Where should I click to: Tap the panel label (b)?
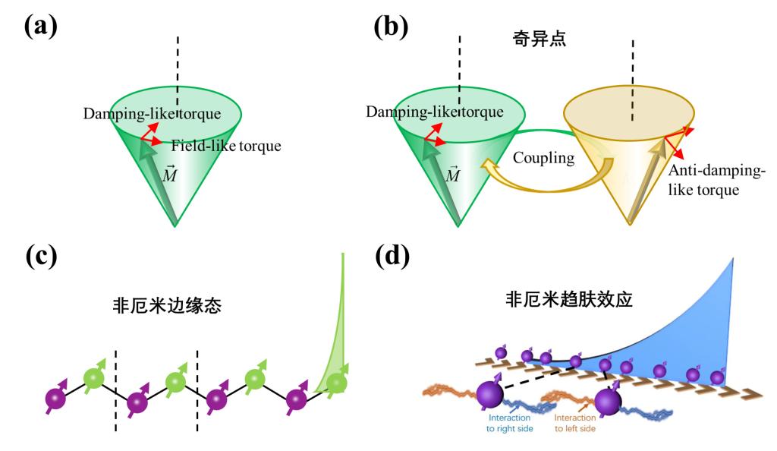tap(391, 28)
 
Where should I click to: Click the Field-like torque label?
tap(225, 145)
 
